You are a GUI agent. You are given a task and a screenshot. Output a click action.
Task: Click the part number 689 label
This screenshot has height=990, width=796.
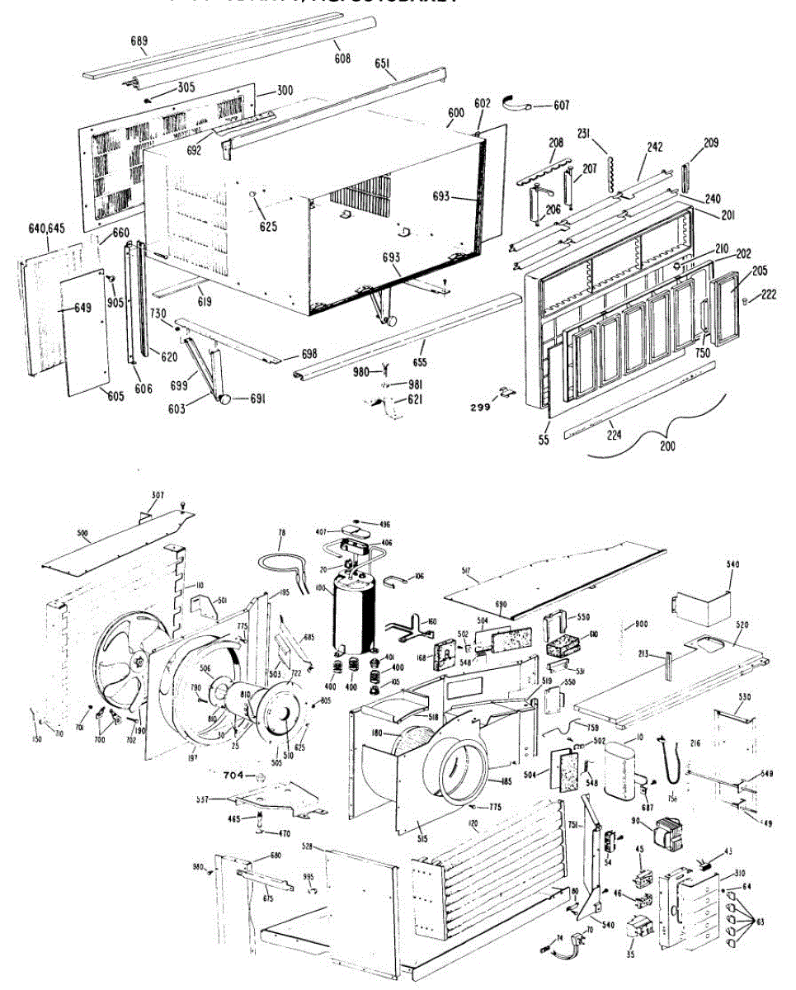(x=139, y=40)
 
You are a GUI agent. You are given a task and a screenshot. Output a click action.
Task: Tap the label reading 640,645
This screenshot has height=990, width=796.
(x=46, y=228)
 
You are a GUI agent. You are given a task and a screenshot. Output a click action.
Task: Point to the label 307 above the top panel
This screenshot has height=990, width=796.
(x=158, y=495)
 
